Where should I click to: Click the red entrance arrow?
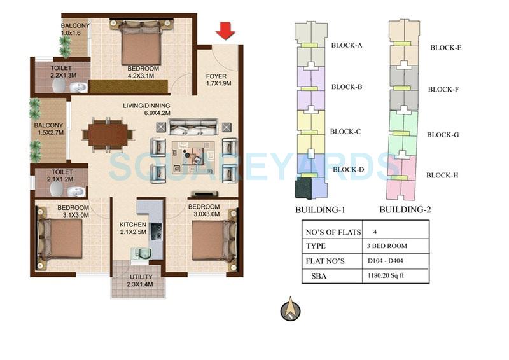(x=223, y=30)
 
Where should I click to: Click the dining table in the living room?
(x=108, y=134)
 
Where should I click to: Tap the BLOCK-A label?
(x=347, y=45)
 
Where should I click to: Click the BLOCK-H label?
(x=443, y=176)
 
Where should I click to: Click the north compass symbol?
(x=290, y=309)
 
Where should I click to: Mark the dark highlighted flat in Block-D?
(x=303, y=188)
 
